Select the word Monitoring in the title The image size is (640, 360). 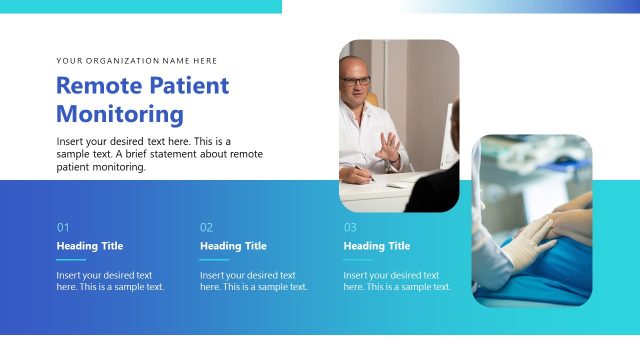pyautogui.click(x=120, y=114)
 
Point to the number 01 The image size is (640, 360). pyautogui.click(x=63, y=227)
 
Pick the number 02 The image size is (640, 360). pyautogui.click(x=206, y=227)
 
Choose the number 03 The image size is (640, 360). pyautogui.click(x=350, y=227)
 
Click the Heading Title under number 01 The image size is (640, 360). pyautogui.click(x=90, y=246)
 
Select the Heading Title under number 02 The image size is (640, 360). pyautogui.click(x=233, y=246)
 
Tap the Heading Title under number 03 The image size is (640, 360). pyautogui.click(x=377, y=246)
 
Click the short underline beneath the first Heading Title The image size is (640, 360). pyautogui.click(x=71, y=259)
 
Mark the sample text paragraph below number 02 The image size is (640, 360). pyautogui.click(x=253, y=281)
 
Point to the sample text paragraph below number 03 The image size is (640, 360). pyautogui.click(x=397, y=281)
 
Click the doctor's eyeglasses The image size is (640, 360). pyautogui.click(x=356, y=81)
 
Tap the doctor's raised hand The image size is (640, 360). pyautogui.click(x=389, y=148)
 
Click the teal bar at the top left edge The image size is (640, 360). pyautogui.click(x=140, y=6)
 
